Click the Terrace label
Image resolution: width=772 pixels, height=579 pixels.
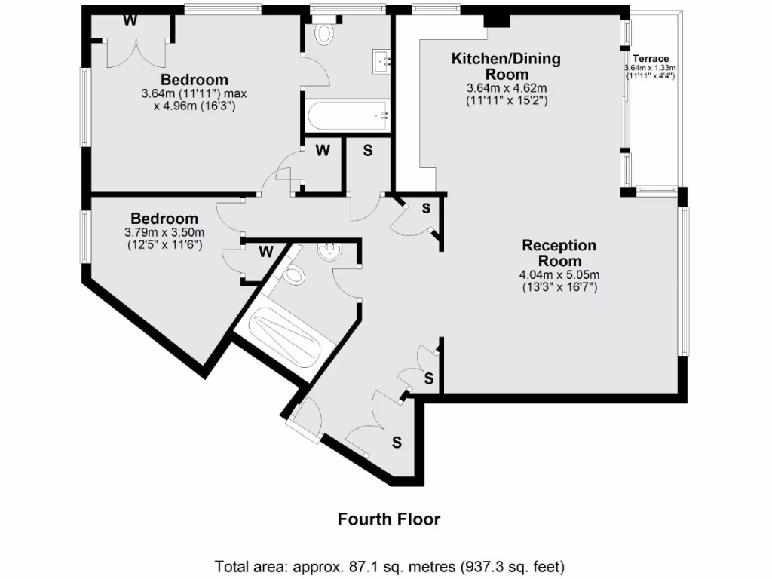click(650, 58)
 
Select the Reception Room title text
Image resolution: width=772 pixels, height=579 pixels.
click(559, 253)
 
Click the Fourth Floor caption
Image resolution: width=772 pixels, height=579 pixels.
click(388, 519)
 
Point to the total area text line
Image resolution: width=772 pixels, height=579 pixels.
click(390, 565)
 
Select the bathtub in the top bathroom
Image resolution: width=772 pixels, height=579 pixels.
click(348, 116)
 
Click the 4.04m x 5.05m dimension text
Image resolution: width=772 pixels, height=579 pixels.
click(559, 280)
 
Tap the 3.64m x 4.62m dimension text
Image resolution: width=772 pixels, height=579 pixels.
click(506, 93)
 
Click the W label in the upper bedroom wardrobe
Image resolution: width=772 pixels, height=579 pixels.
click(130, 20)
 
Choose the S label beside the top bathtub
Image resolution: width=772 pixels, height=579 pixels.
click(368, 150)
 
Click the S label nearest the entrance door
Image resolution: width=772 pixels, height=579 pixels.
click(397, 443)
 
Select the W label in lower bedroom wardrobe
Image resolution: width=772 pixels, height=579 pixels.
click(265, 251)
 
